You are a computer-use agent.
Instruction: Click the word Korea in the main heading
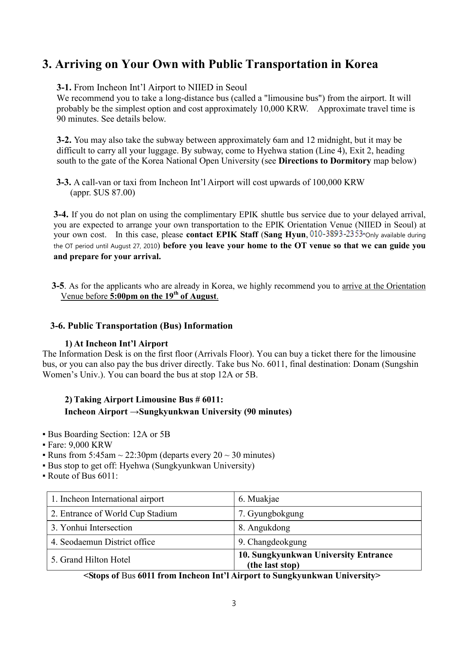[x=361, y=64]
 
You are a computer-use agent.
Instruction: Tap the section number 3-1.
[x=64, y=88]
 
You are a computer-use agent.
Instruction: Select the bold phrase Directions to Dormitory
[x=325, y=161]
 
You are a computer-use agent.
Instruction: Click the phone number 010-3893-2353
[x=336, y=234]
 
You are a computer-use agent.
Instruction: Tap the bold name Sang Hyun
[x=284, y=235]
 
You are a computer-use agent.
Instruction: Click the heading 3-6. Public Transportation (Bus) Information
[x=142, y=326]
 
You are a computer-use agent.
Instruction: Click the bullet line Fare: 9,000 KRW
[x=80, y=445]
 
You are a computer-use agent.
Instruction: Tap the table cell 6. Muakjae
[x=259, y=499]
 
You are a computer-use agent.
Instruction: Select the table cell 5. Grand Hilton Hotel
[x=91, y=560]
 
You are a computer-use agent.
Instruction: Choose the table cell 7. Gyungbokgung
[x=271, y=514]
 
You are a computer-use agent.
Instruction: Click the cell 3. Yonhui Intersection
[x=91, y=528]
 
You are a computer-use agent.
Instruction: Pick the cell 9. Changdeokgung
[x=272, y=542]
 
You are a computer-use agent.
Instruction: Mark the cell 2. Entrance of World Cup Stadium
[x=114, y=514]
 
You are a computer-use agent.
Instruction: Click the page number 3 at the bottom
[x=234, y=603]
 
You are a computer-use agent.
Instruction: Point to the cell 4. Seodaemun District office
[x=103, y=542]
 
